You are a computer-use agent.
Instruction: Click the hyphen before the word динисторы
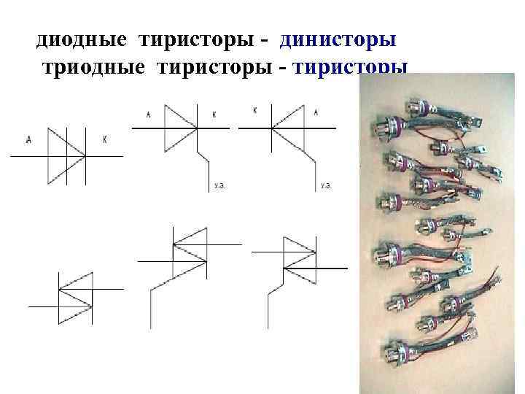click(266, 41)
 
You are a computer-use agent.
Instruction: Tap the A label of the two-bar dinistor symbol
click(28, 139)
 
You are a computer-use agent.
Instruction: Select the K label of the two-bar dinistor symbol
click(105, 139)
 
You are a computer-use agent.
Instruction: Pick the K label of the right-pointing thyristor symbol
click(214, 114)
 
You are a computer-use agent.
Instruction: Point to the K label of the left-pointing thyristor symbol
click(255, 112)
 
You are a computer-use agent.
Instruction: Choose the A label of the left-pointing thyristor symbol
click(315, 112)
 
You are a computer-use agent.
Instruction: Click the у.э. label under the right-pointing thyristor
click(218, 186)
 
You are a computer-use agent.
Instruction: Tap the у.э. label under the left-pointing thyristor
click(325, 186)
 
